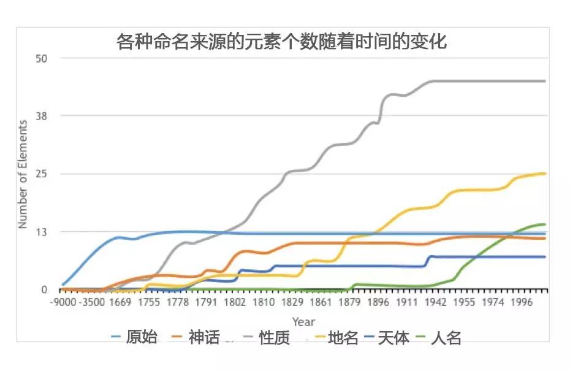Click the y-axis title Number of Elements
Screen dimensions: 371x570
coord(23,174)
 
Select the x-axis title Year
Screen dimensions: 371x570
coord(303,321)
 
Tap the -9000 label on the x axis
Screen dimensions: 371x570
coord(64,302)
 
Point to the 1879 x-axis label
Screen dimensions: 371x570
coord(351,302)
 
